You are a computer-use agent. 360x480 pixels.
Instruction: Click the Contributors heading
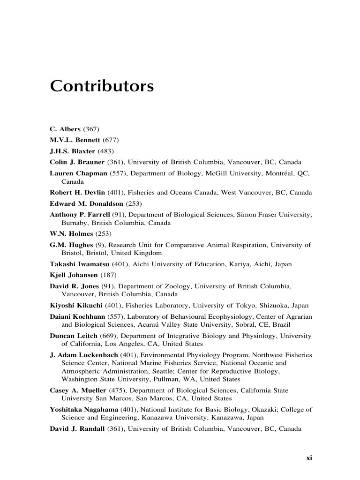pyautogui.click(x=102, y=87)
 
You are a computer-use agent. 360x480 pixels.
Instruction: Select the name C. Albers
pyautogui.click(x=65, y=129)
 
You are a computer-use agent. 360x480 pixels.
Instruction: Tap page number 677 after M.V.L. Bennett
pyautogui.click(x=111, y=140)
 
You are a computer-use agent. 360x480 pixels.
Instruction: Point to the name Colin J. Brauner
pyautogui.click(x=77, y=162)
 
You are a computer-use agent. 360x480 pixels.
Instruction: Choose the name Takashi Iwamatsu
pyautogui.click(x=79, y=264)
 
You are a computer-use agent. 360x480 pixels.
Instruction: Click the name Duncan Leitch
pyautogui.click(x=72, y=336)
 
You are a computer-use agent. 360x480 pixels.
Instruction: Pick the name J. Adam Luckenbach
pyautogui.click(x=84, y=355)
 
